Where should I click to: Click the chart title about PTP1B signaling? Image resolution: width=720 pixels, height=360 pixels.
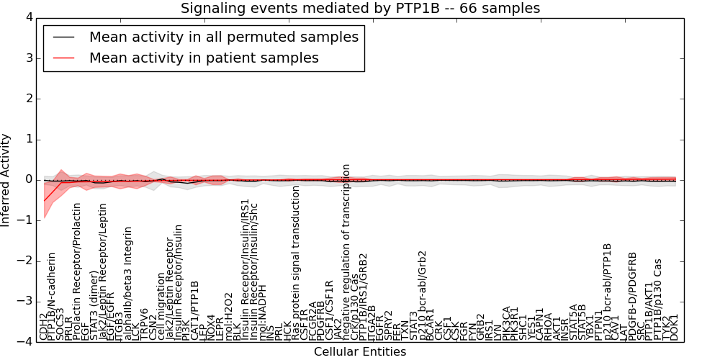[x=360, y=9]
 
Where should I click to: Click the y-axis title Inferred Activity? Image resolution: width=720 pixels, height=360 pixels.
[x=6, y=180]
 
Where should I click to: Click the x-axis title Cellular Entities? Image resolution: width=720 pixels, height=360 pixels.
[x=360, y=352]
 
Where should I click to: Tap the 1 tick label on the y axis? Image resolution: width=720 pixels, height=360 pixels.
[x=30, y=139]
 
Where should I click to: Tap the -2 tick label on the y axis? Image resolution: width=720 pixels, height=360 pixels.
[x=26, y=261]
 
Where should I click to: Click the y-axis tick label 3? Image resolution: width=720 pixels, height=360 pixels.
[x=30, y=58]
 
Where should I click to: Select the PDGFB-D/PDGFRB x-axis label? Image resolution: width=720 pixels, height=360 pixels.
[x=632, y=295]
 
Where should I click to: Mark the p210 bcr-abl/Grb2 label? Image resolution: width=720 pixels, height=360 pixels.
[x=422, y=295]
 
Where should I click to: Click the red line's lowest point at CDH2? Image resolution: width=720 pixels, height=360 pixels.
[x=44, y=201]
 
